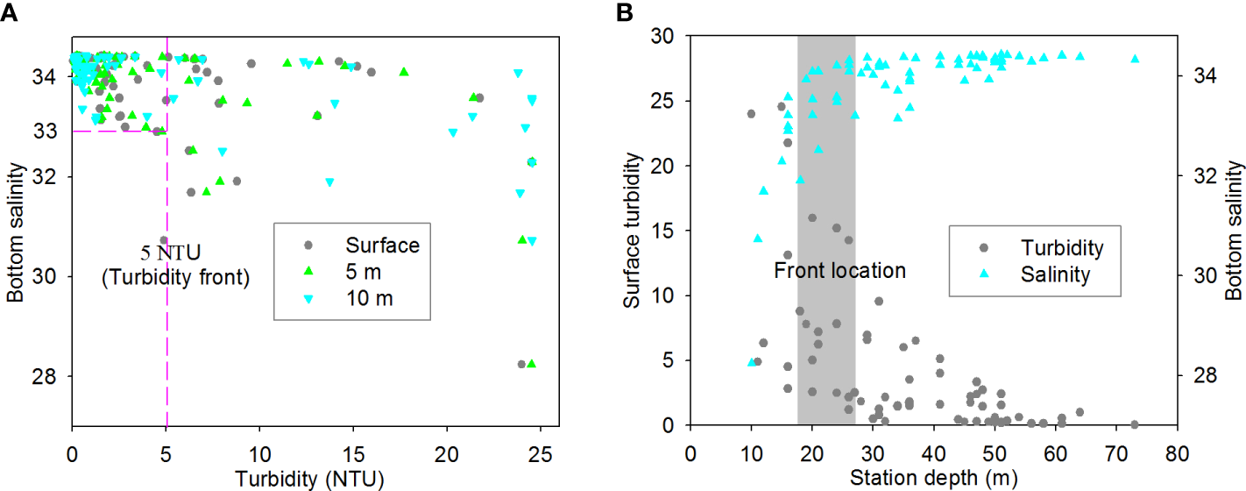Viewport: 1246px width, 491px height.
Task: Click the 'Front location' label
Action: click(839, 271)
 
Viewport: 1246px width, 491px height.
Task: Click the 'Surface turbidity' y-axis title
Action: click(632, 231)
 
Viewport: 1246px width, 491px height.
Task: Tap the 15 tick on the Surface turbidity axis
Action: click(667, 230)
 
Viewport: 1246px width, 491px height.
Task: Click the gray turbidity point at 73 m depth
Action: click(1135, 424)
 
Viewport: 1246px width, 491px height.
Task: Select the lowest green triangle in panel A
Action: click(531, 364)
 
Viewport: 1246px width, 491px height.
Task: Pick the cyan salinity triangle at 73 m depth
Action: click(1135, 59)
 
